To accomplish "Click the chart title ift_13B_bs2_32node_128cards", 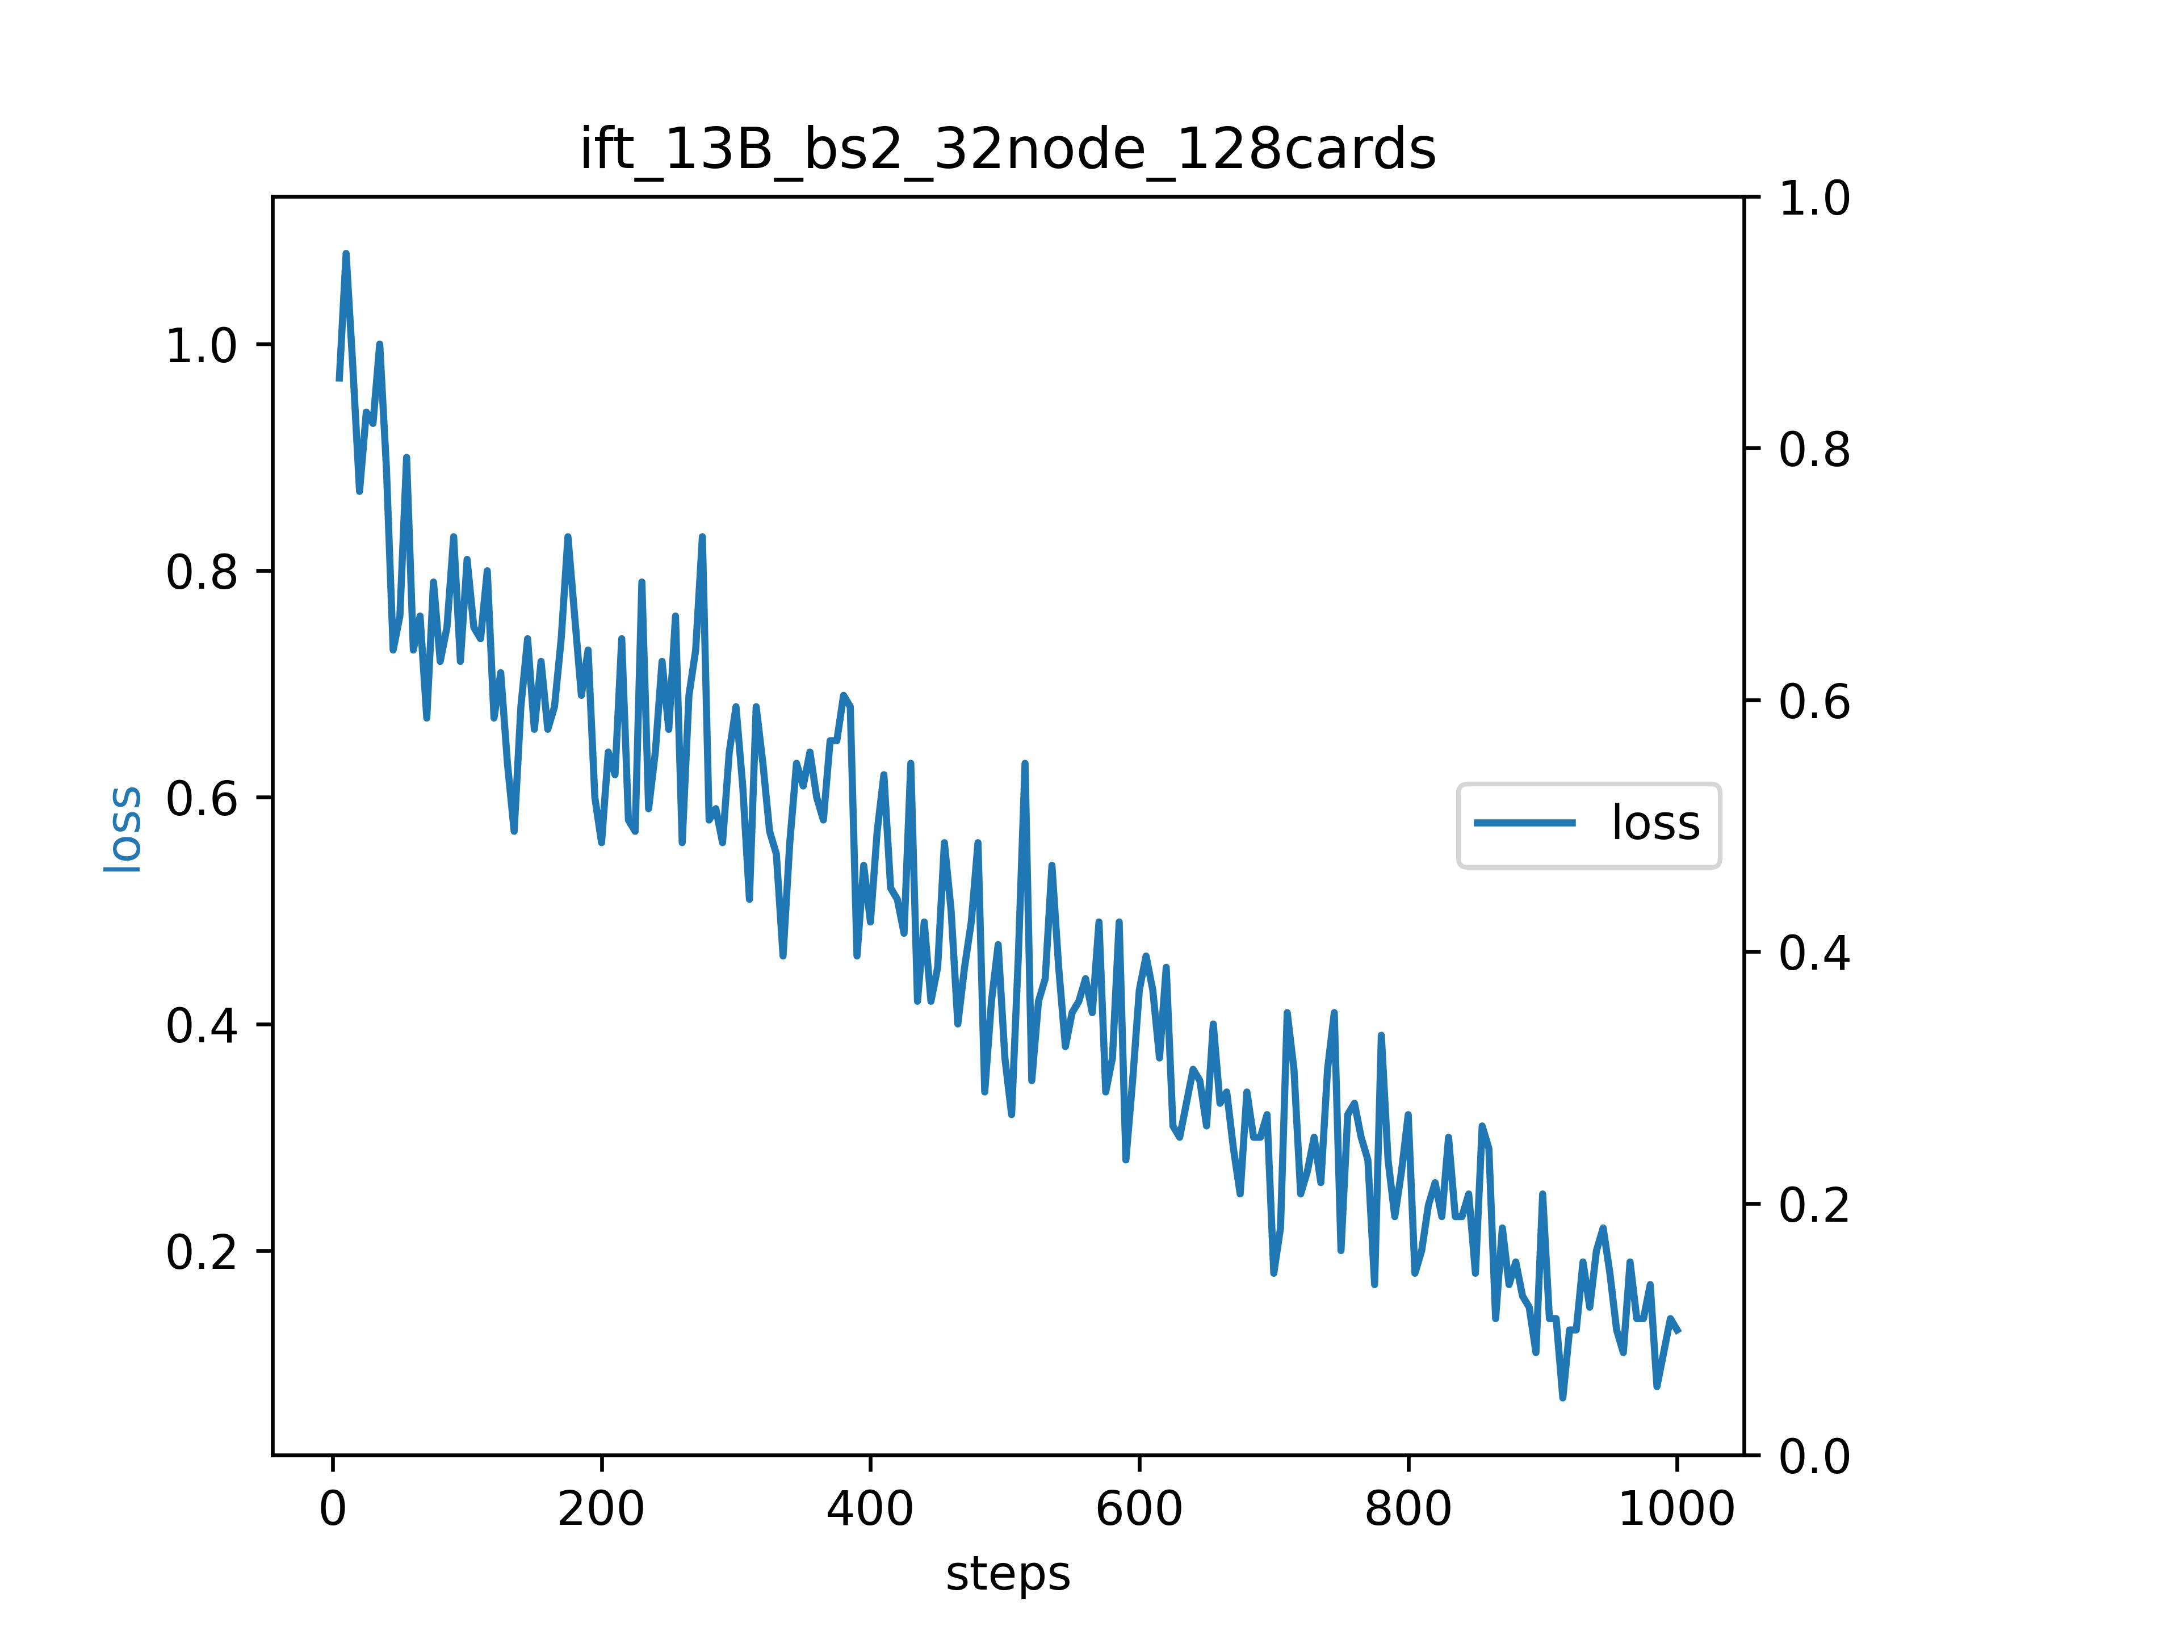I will (1007, 150).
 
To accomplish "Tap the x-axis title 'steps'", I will (1007, 1574).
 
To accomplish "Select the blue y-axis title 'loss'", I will (123, 828).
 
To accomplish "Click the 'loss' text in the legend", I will (1655, 823).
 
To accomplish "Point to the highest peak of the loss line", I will (346, 254).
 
